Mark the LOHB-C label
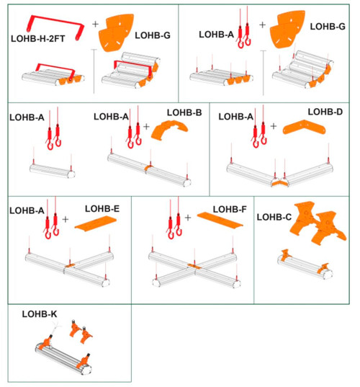274,216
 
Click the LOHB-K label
40,314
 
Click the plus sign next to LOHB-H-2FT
95,25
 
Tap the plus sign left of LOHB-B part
147,127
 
